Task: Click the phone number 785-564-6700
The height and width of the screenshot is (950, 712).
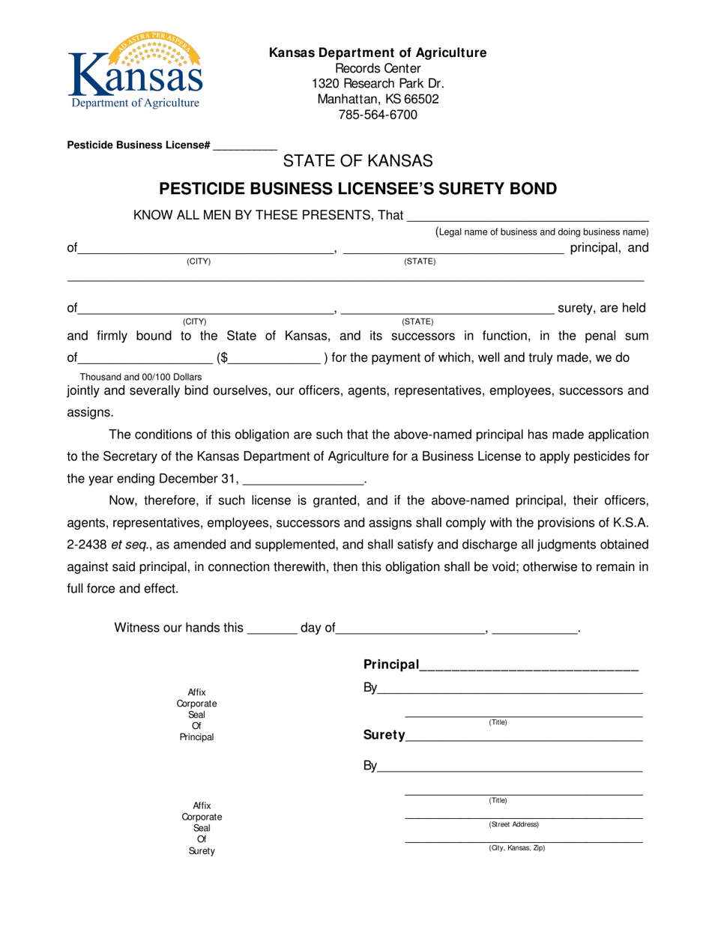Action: coord(378,115)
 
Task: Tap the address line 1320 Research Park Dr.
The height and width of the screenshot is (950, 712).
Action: coord(378,82)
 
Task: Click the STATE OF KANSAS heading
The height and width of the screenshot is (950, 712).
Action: coord(357,160)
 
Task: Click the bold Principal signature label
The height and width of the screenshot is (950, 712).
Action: coord(390,665)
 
